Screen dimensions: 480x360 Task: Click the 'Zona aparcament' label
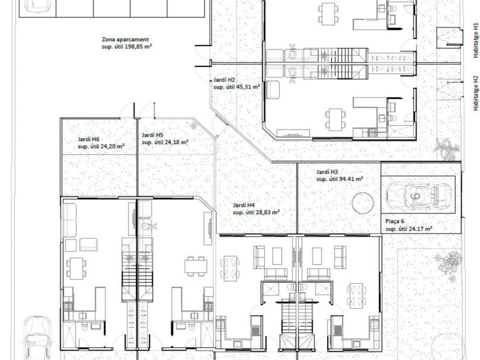click(x=125, y=40)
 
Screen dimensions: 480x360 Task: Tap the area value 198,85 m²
click(x=139, y=47)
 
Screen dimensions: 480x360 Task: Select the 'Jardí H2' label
click(x=224, y=80)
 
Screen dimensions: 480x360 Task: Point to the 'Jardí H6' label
click(x=88, y=140)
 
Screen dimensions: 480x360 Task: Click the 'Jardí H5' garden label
click(x=152, y=135)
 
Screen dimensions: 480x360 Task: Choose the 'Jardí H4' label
click(x=244, y=205)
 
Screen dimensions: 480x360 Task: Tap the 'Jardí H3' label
click(x=327, y=172)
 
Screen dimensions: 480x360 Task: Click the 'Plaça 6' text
click(x=395, y=221)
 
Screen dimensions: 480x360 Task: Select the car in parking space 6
click(x=418, y=195)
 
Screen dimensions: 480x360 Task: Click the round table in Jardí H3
click(x=363, y=203)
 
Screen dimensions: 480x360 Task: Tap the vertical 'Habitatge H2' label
click(x=475, y=94)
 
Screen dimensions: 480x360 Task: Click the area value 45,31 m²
click(x=248, y=87)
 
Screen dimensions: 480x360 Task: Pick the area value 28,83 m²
click(x=268, y=212)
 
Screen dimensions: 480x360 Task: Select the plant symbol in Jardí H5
click(x=193, y=125)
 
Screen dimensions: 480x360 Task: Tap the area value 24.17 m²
click(x=421, y=229)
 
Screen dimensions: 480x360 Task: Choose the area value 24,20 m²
click(x=112, y=146)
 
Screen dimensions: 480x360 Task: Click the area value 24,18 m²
click(x=176, y=142)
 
